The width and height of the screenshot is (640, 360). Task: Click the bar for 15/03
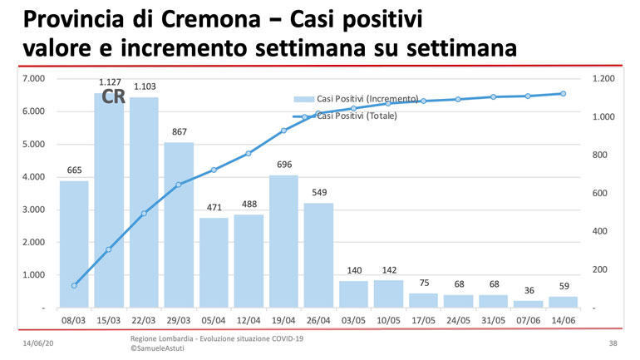point(109,200)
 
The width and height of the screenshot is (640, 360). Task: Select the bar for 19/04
point(283,241)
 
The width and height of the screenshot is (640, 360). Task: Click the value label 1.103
point(145,86)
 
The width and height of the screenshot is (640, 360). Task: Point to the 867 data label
point(179,132)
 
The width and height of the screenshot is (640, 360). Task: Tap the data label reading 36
point(528,290)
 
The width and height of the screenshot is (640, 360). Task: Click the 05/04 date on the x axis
point(214,320)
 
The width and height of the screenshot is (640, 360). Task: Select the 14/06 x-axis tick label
point(563,320)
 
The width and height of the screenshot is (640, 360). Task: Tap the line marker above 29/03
point(179,185)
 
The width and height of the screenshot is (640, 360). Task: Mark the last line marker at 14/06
point(563,94)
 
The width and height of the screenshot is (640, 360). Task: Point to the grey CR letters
point(113,98)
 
